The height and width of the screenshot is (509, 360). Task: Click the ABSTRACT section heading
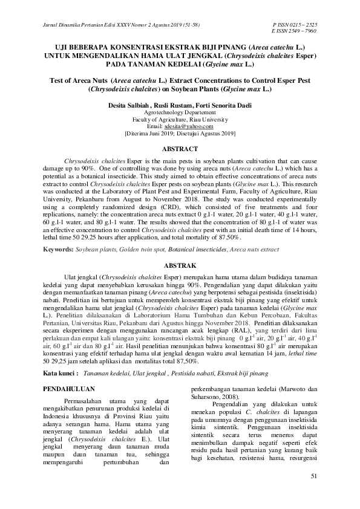coord(180,149)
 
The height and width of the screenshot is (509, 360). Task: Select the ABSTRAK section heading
coord(180,265)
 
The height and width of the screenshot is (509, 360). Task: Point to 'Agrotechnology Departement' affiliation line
coord(180,112)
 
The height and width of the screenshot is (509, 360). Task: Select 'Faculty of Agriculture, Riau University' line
coord(180,119)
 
